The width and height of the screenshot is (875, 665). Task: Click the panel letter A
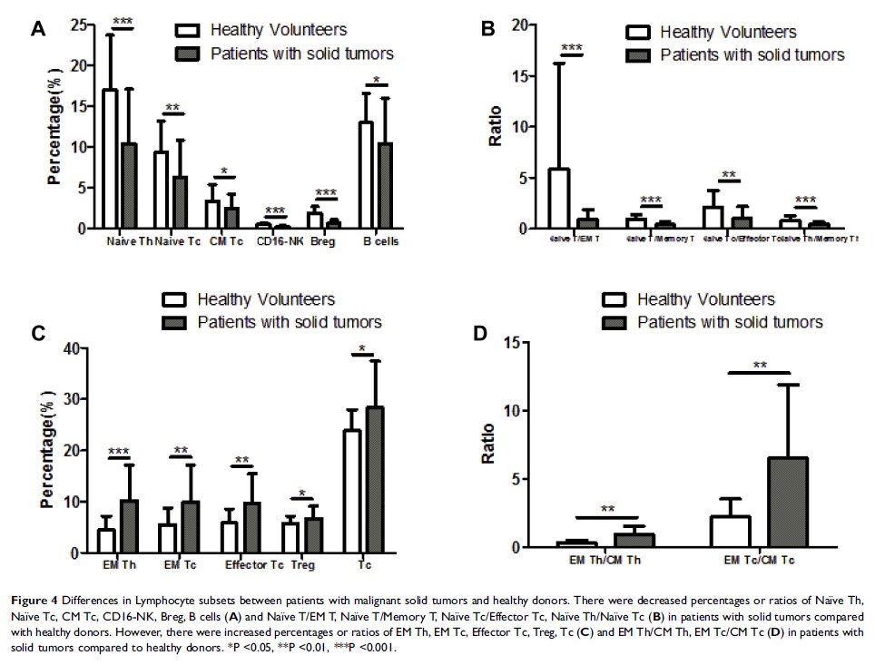pyautogui.click(x=37, y=30)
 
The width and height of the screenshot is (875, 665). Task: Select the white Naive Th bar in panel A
pyautogui.click(x=110, y=159)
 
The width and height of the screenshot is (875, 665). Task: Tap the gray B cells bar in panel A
pyautogui.click(x=384, y=185)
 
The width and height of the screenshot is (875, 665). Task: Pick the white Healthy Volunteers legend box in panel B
pyautogui.click(x=639, y=33)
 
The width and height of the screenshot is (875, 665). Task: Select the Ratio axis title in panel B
pyautogui.click(x=495, y=127)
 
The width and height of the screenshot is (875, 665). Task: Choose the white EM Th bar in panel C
pyautogui.click(x=106, y=541)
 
